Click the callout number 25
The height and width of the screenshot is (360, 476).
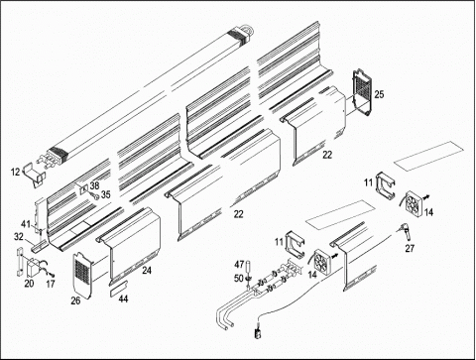coord(379,94)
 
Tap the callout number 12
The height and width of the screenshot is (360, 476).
coord(16,172)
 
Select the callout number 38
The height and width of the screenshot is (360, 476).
coord(94,185)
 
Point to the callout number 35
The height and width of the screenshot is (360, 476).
coord(105,194)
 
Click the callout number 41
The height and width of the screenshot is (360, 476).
coord(26,224)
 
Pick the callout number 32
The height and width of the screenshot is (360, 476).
coord(19,237)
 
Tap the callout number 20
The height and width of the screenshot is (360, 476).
coord(29,284)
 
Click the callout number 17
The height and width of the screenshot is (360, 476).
coord(51,284)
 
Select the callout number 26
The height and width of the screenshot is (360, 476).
coord(75,300)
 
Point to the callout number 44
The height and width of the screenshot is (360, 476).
coord(123,299)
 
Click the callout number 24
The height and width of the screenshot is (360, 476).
coord(147,270)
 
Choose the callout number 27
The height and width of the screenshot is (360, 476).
coord(410,248)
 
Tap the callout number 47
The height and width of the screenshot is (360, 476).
coord(239,265)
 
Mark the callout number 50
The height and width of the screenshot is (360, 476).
coord(239,279)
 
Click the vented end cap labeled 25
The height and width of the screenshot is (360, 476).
coord(362,92)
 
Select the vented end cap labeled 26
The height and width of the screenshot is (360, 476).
coord(81,276)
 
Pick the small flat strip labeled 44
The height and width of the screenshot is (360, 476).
coord(119,286)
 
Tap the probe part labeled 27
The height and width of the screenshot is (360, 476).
coord(406,230)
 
